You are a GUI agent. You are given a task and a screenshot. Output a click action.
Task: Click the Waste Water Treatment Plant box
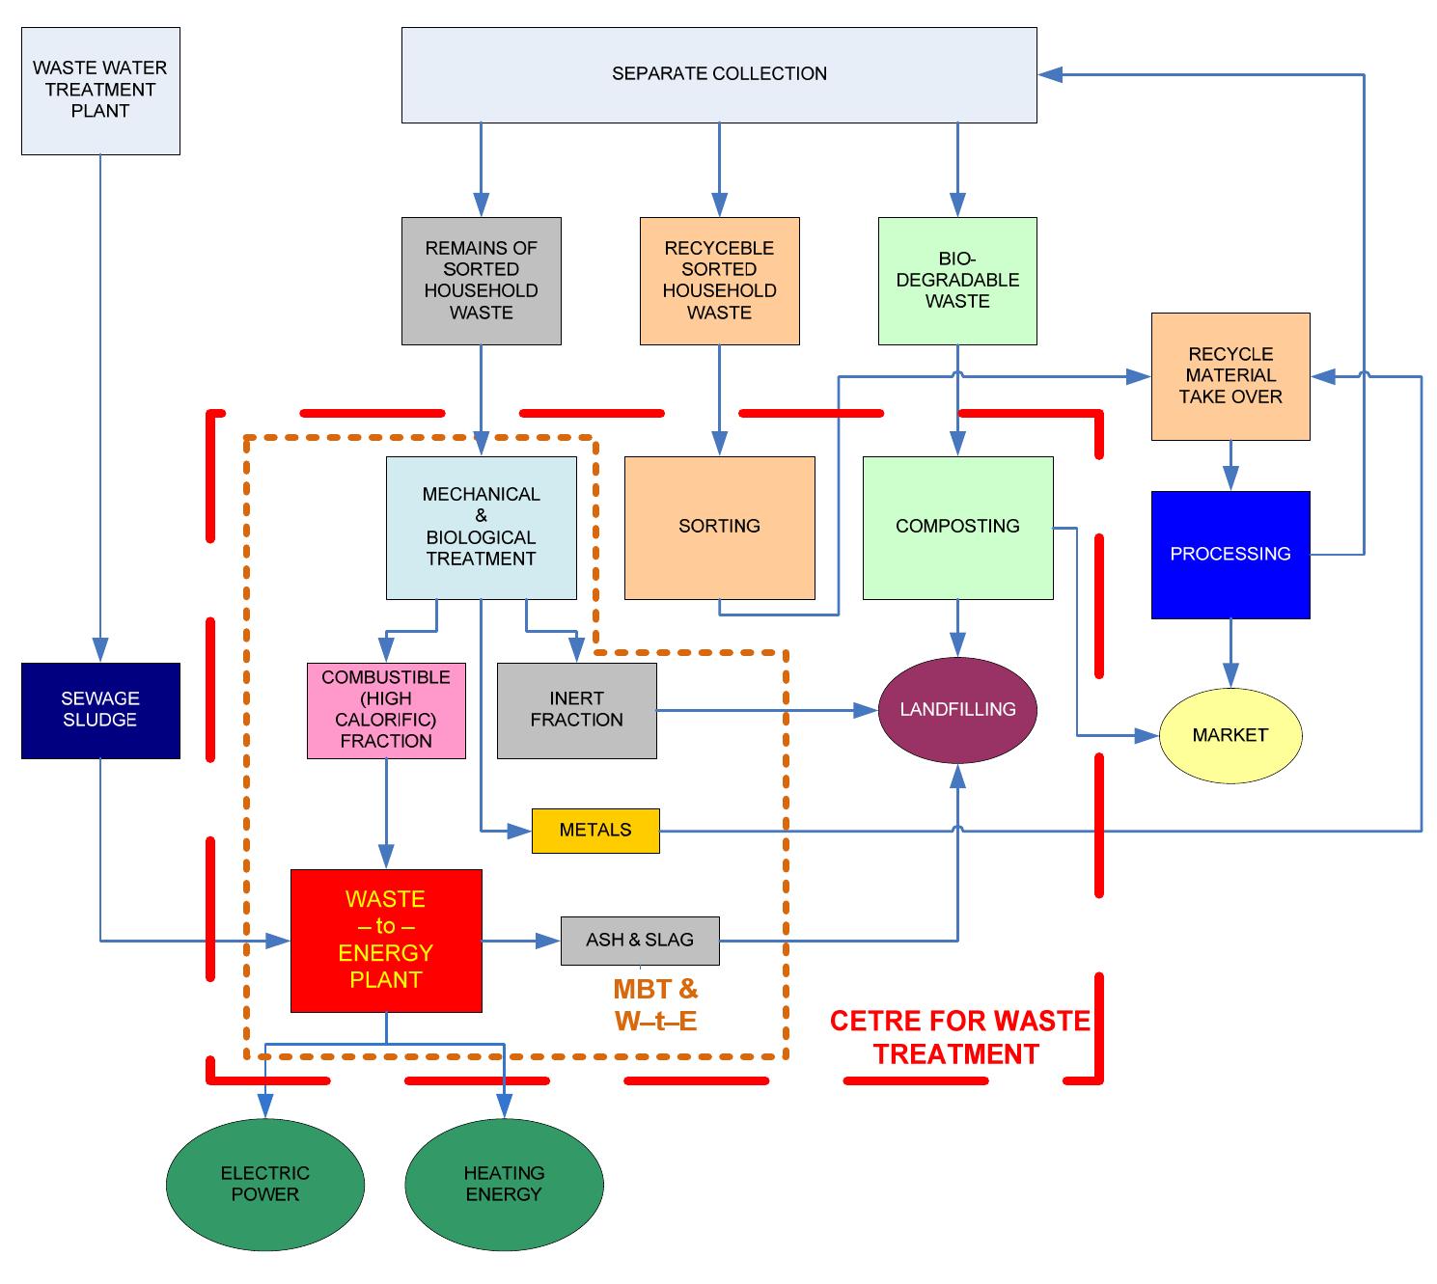(x=100, y=91)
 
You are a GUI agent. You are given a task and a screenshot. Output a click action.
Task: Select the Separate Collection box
(x=719, y=74)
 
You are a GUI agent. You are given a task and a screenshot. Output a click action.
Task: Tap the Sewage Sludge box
(x=100, y=710)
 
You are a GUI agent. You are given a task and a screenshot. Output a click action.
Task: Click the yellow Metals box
(x=595, y=831)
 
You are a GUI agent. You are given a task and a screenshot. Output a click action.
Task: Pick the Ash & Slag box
(x=640, y=940)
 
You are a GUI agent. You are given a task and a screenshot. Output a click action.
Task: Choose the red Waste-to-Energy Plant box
(x=386, y=941)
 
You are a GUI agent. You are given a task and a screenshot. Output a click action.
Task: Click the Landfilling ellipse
(x=957, y=710)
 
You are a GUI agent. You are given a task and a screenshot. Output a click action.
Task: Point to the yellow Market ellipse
(x=1230, y=736)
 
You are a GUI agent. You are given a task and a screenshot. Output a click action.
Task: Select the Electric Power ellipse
(x=265, y=1184)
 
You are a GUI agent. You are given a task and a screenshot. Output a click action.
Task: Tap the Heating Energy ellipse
(x=504, y=1184)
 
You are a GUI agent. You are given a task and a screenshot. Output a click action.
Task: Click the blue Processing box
(x=1230, y=555)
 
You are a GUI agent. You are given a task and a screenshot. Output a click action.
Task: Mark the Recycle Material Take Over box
(x=1230, y=376)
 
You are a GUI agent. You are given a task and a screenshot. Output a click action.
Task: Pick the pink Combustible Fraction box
(x=386, y=710)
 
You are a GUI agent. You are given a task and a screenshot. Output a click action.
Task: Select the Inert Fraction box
(x=576, y=710)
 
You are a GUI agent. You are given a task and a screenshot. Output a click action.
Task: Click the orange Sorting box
(x=719, y=528)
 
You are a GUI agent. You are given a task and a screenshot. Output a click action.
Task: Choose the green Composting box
(x=957, y=528)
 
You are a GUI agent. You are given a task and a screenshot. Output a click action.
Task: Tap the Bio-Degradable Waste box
(x=957, y=281)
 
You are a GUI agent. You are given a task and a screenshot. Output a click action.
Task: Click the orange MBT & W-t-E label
(x=655, y=1004)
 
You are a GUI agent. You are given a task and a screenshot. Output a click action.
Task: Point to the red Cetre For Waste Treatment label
(x=959, y=1037)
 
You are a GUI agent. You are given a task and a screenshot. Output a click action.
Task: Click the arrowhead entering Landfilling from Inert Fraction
(x=868, y=711)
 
